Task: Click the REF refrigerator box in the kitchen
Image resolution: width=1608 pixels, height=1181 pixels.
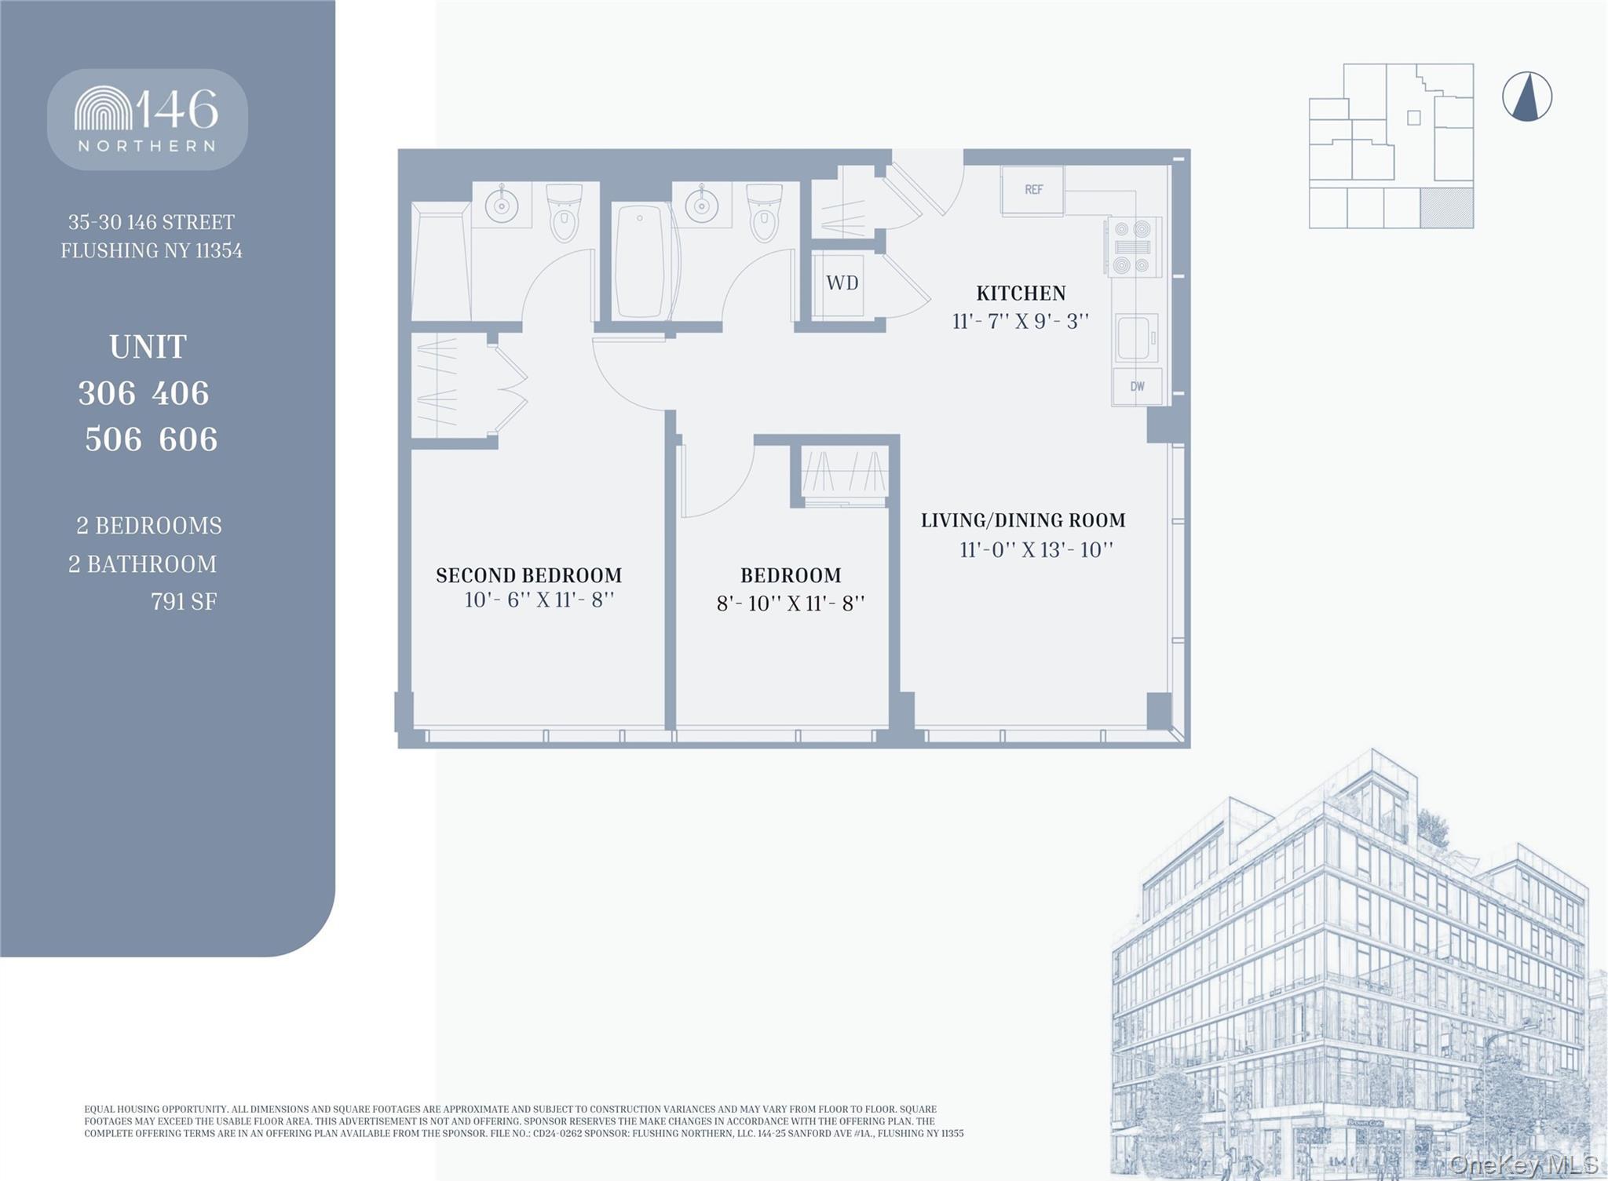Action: (x=1032, y=190)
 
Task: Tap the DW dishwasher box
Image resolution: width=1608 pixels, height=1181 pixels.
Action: (x=1137, y=386)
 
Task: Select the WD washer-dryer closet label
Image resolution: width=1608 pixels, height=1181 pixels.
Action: (x=842, y=283)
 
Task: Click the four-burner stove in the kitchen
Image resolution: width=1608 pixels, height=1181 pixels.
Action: (x=1132, y=247)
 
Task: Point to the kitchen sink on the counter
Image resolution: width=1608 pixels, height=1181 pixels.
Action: (x=1135, y=337)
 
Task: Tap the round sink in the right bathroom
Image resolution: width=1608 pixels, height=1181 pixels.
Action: (x=701, y=206)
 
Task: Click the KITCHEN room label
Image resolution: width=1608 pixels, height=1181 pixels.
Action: (x=1021, y=293)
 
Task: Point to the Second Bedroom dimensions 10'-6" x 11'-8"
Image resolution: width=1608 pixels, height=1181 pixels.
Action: (x=539, y=600)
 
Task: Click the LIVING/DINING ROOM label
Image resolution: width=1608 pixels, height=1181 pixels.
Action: (x=1023, y=520)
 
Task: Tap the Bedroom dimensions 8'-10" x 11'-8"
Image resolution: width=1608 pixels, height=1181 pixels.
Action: (x=791, y=603)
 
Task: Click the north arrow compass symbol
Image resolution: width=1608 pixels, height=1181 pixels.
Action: (x=1526, y=97)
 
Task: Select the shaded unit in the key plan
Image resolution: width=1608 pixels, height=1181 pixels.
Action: (x=1446, y=208)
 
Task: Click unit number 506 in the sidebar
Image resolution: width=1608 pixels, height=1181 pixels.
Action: (x=113, y=439)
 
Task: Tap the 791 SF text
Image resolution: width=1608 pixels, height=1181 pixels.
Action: (x=184, y=602)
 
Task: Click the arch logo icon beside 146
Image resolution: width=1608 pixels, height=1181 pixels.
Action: (x=104, y=108)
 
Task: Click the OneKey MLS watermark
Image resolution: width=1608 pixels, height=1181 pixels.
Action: (x=1523, y=1165)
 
